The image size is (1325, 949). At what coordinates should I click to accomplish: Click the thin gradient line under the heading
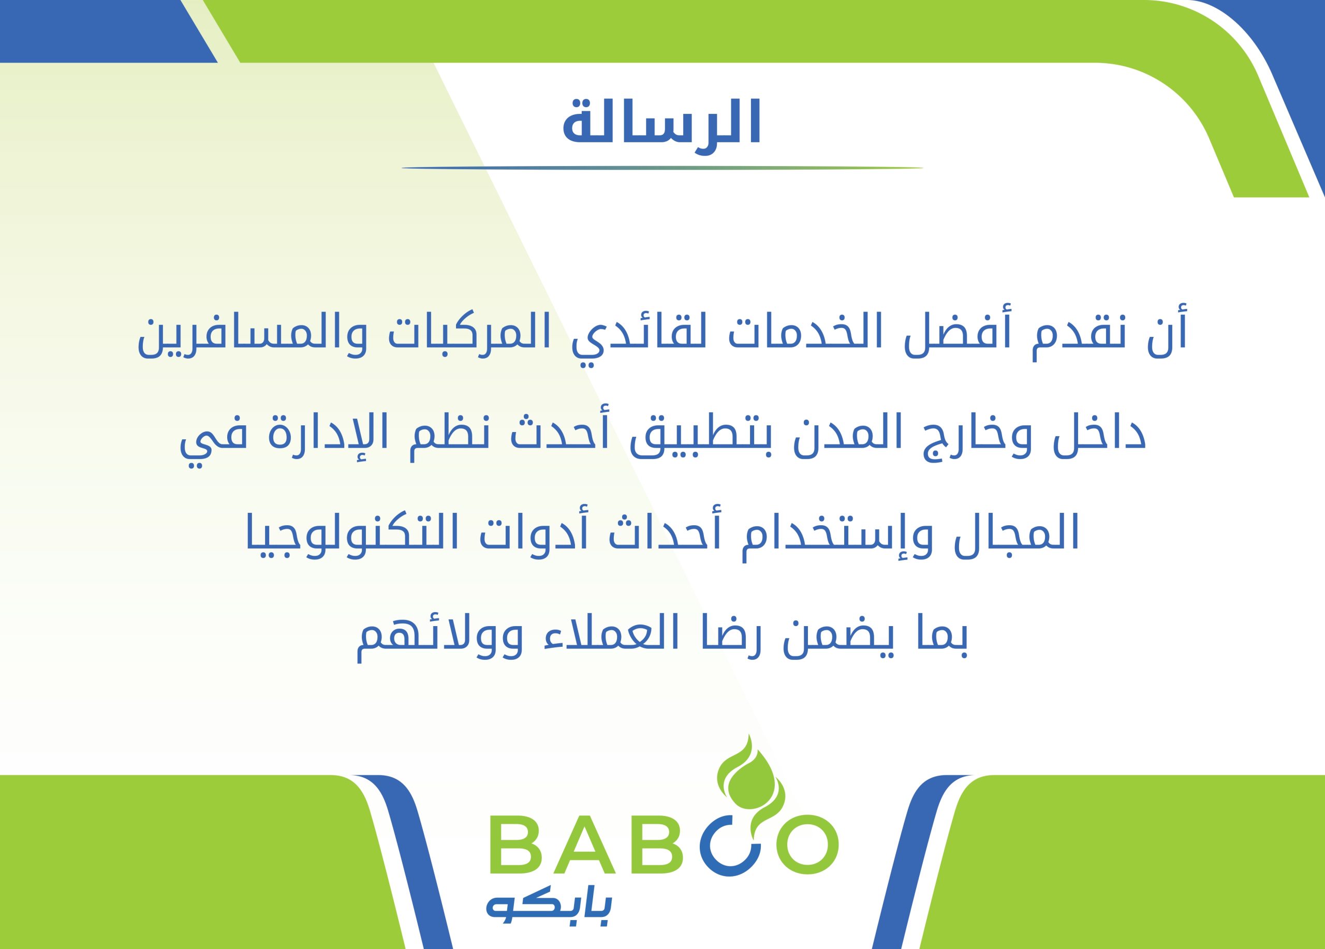(x=662, y=168)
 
